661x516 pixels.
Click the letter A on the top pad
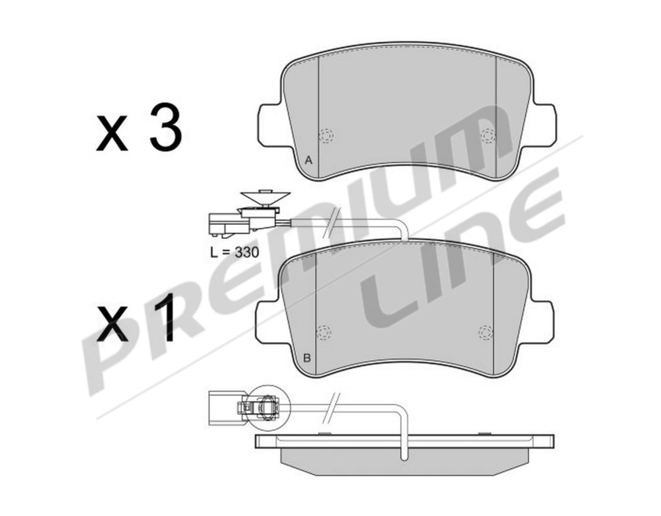coord(308,160)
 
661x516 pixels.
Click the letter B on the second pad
coord(307,358)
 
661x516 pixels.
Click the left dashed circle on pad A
coord(327,135)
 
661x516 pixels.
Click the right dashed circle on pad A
coord(487,135)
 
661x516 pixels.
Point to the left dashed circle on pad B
coord(324,332)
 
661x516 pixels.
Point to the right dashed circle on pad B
coord(485,332)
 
